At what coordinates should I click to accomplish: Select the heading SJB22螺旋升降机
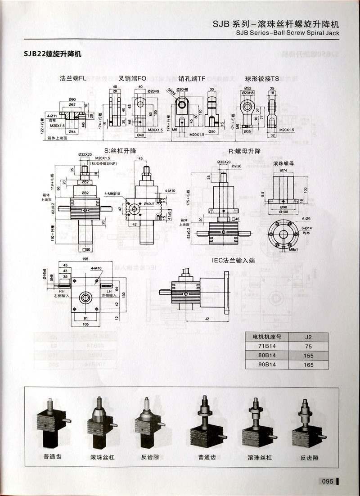click(53, 54)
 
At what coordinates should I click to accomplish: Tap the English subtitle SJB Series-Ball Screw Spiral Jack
click(287, 33)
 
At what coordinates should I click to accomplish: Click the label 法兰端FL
click(73, 78)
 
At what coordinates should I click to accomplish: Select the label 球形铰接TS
click(262, 78)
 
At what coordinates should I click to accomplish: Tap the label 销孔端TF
click(192, 78)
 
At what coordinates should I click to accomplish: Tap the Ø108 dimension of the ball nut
click(283, 211)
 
